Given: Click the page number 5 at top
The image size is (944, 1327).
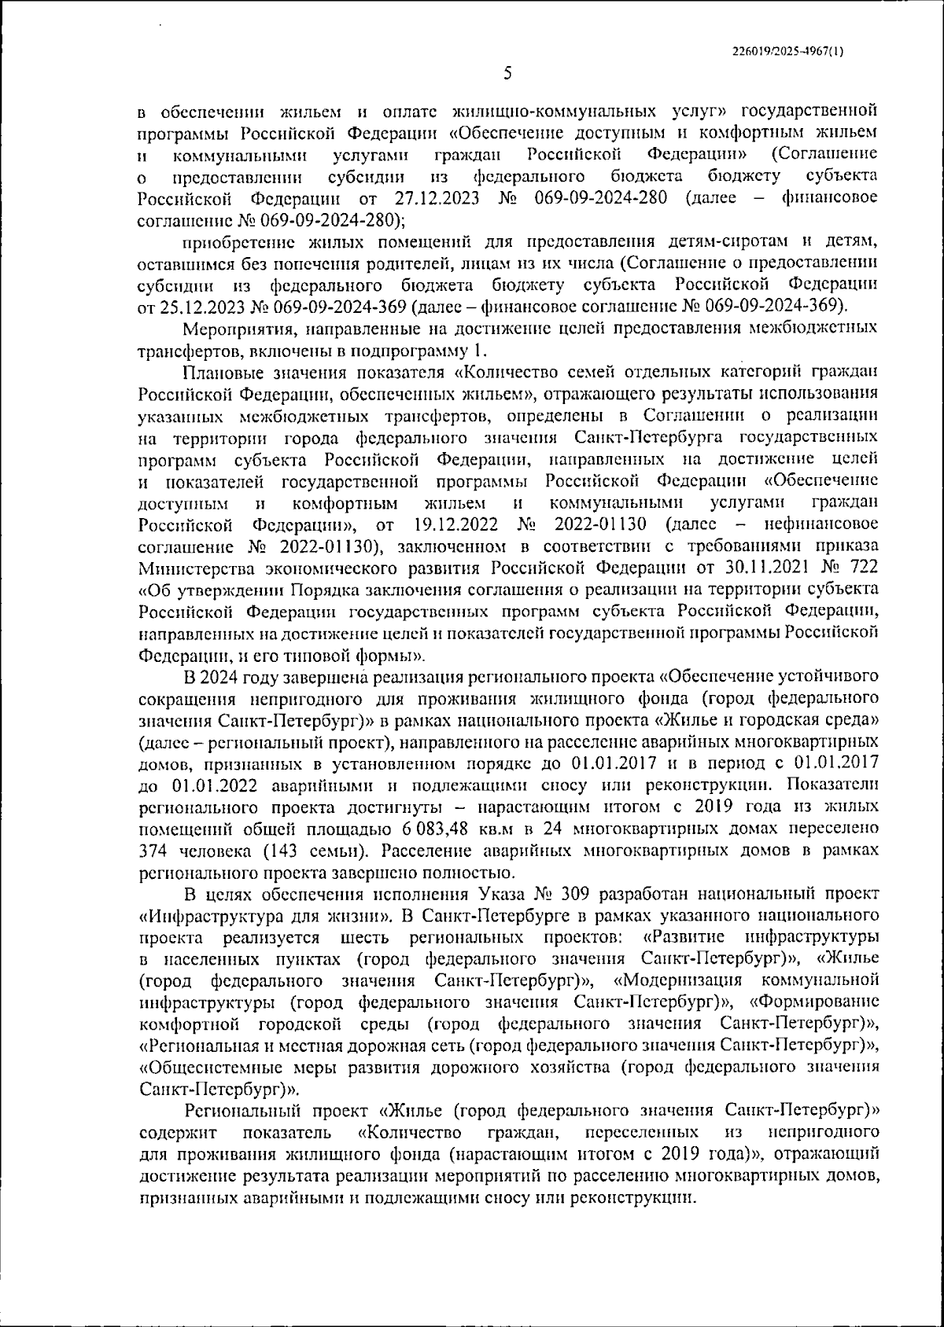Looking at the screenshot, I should coord(507,74).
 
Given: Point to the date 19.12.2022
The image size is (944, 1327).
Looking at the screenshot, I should coord(452,524).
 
